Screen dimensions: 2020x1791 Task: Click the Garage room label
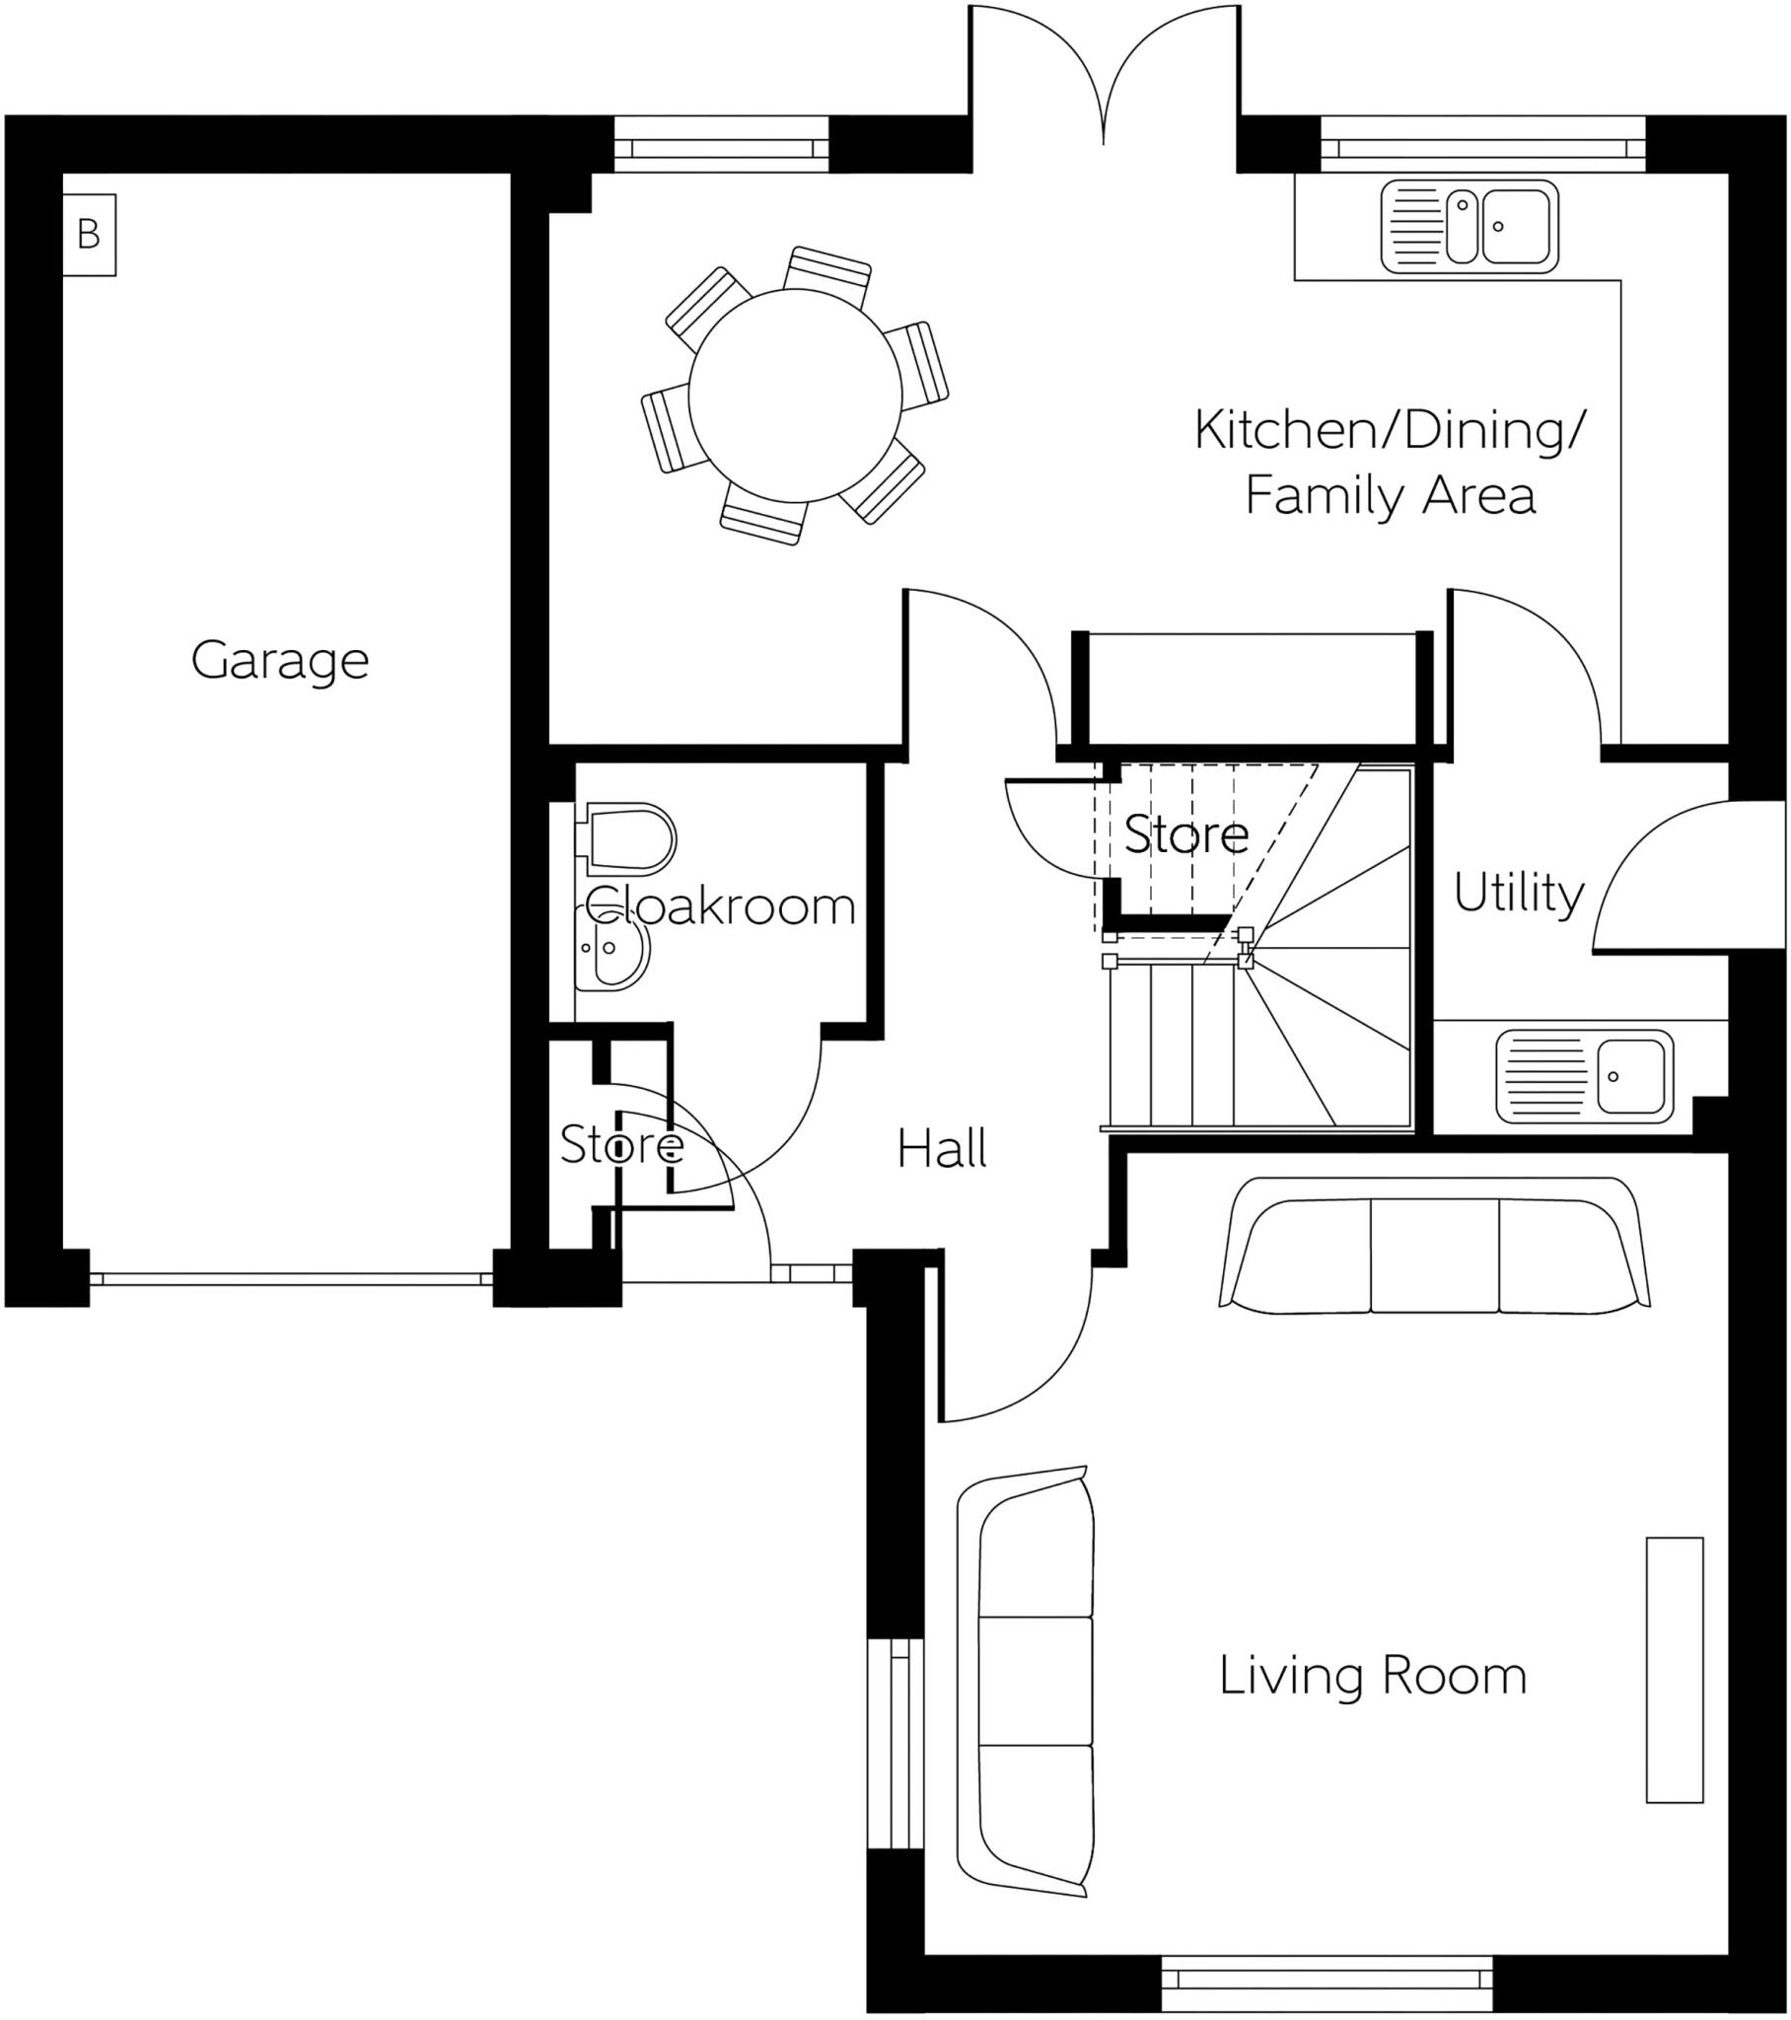coord(280,661)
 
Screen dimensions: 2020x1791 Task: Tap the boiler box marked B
coord(89,234)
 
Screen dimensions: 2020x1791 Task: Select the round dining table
coord(795,396)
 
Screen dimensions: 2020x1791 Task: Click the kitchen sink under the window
coord(1469,225)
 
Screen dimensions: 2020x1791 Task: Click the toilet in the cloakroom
coord(628,839)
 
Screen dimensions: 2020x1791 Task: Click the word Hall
coord(942,1149)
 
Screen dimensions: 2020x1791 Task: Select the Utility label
coord(1518,894)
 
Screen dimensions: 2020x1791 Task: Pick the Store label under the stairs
coord(1186,834)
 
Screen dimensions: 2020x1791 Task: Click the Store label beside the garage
coord(620,1144)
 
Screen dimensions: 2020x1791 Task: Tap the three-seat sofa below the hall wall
coord(1434,1246)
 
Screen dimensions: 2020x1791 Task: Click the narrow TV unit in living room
coord(1675,1669)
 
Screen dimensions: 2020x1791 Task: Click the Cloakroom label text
coord(720,905)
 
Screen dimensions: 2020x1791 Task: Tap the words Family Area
coord(1389,496)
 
